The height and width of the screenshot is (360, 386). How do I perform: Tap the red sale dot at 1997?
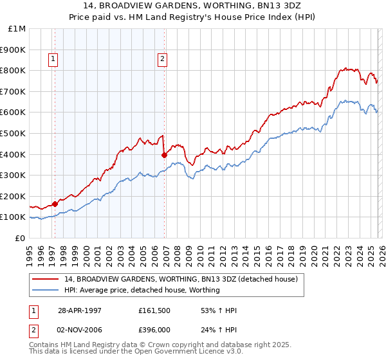click(x=55, y=204)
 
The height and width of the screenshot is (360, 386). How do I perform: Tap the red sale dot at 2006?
click(x=164, y=154)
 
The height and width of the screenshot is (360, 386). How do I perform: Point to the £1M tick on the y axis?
click(x=17, y=29)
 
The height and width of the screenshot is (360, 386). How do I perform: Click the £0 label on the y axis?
click(x=20, y=238)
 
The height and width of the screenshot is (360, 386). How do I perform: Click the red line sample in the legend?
click(x=46, y=280)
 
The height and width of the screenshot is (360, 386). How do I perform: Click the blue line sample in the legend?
click(x=46, y=290)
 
